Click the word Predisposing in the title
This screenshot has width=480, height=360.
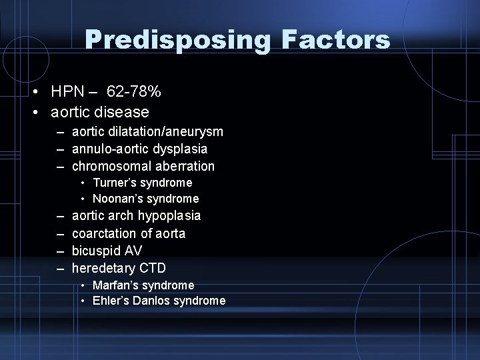[x=177, y=40]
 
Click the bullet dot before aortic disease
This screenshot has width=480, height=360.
[x=40, y=111]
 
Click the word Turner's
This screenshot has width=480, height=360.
[x=114, y=183]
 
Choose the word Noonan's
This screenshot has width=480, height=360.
[x=117, y=199]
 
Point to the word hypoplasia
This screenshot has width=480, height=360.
[x=169, y=216]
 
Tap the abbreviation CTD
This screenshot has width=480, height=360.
[x=153, y=268]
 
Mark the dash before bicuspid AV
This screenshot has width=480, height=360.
[x=59, y=251]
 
